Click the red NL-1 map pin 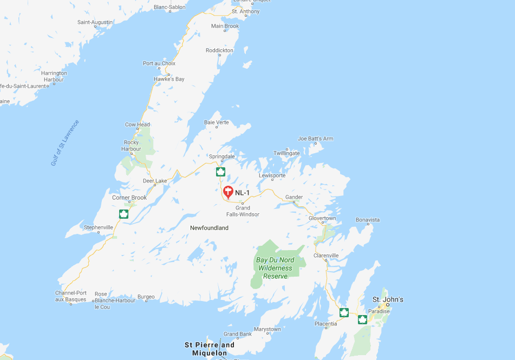228,192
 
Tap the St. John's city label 388,299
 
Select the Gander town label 294,197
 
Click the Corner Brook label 129,198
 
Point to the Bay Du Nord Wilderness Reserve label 275,268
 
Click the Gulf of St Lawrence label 65,142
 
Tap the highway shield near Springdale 220,172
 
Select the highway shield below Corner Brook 123,214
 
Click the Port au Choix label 159,63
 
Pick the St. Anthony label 245,11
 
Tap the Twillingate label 286,153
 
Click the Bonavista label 368,220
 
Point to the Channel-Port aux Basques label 71,296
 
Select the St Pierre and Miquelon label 210,349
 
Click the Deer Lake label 154,181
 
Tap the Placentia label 325,324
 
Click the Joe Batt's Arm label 316,139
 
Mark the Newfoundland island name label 209,228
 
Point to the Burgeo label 146,297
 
